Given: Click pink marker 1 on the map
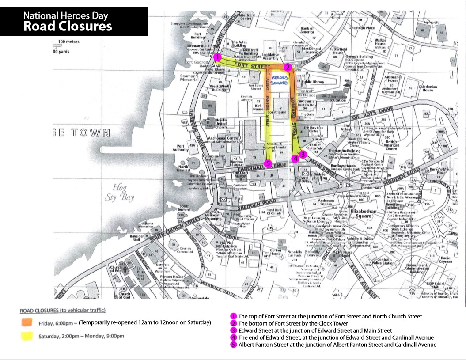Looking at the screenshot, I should tap(217, 57).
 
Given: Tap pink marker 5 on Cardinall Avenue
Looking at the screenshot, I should tap(267, 163).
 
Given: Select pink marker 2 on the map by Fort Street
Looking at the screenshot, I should tap(287, 67).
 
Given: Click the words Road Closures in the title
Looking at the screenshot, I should tap(68, 26).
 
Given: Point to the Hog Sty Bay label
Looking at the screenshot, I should tap(119, 192).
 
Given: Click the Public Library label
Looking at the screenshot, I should tap(313, 82).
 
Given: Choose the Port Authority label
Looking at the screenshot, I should tap(180, 148).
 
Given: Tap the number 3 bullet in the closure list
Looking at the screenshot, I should tap(233, 330).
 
